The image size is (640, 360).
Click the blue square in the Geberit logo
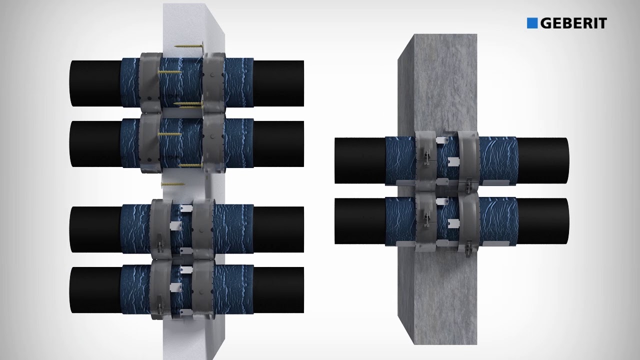pyautogui.click(x=532, y=23)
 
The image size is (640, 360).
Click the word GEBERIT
pyautogui.click(x=573, y=23)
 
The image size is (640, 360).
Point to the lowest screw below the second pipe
pyautogui.click(x=173, y=184)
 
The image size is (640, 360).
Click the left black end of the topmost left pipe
pyautogui.click(x=95, y=83)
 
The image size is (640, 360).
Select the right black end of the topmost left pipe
pyautogui.click(x=278, y=83)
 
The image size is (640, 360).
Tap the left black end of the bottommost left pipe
pyautogui.click(x=95, y=290)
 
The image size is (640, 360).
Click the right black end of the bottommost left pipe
pyautogui.click(x=278, y=290)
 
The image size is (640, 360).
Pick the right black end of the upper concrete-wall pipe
pyautogui.click(x=543, y=160)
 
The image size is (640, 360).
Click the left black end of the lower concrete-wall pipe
pyautogui.click(x=360, y=221)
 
